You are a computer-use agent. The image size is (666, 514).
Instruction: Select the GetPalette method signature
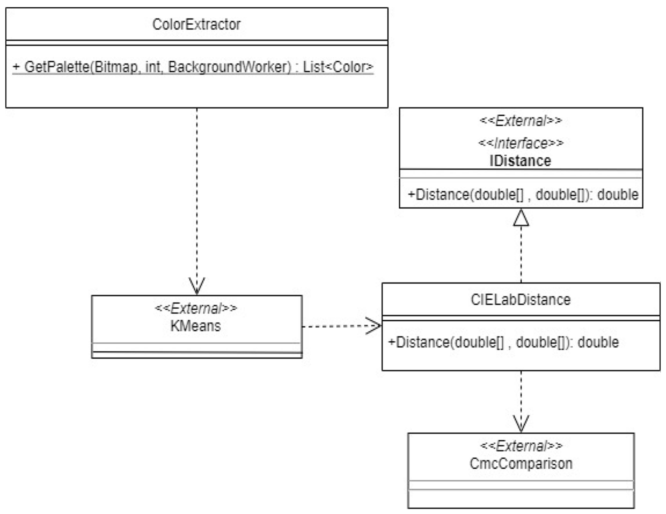(193, 67)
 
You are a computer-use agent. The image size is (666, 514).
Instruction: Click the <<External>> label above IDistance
(521, 121)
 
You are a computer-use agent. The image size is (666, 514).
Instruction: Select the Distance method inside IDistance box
(523, 195)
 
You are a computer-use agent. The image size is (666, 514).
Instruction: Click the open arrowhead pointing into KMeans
(197, 286)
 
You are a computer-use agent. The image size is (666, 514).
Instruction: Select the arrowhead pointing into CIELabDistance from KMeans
(373, 326)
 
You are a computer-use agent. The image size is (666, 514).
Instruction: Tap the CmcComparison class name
(521, 464)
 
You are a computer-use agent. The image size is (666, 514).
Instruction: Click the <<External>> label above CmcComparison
(521, 446)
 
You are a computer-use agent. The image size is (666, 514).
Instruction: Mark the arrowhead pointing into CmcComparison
(521, 424)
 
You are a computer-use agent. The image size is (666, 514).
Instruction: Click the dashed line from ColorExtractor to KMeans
(197, 192)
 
